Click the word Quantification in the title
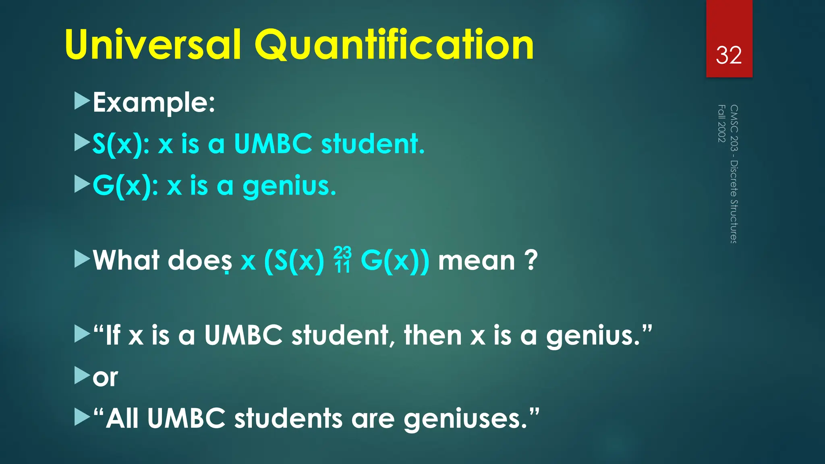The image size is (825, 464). [394, 45]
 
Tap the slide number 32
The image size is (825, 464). [729, 55]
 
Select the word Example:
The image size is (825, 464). [154, 103]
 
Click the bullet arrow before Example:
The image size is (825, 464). [82, 101]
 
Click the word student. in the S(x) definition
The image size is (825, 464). [373, 144]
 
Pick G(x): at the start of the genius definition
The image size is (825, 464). [125, 186]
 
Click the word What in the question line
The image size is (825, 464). [126, 260]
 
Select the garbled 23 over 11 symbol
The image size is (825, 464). [342, 260]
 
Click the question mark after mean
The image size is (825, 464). [531, 260]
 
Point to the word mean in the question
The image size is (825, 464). [477, 261]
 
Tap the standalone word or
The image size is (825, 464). [105, 378]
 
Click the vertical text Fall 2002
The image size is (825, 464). [722, 123]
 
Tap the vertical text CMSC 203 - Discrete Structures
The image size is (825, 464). [734, 174]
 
